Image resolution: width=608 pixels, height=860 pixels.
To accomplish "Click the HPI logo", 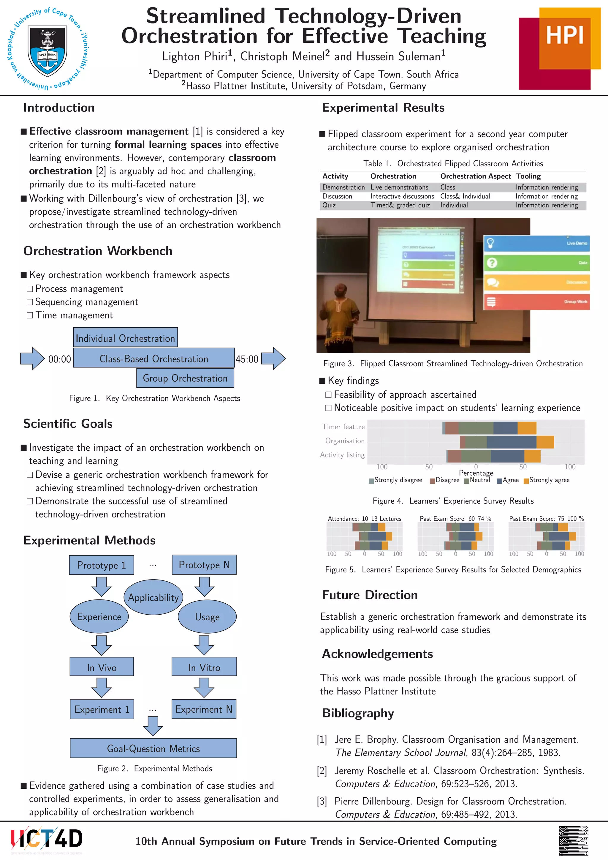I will tap(559, 49).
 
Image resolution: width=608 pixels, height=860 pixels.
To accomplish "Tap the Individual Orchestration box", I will tap(125, 337).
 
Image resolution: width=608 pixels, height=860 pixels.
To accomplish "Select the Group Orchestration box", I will tap(185, 378).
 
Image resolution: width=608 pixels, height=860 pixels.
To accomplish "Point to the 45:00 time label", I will tap(247, 359).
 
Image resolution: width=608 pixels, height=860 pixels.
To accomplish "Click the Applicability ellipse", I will tap(153, 597).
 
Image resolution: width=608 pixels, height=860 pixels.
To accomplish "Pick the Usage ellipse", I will tap(207, 616).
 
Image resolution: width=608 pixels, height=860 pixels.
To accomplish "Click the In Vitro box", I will tap(204, 667).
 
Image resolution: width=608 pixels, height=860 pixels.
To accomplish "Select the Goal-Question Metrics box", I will tap(153, 748).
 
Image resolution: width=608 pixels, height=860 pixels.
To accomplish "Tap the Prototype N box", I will tap(204, 565).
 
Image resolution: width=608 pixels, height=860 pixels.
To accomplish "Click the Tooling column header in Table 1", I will tap(528, 176).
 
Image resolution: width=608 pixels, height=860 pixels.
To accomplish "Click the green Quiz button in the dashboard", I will tap(536, 263).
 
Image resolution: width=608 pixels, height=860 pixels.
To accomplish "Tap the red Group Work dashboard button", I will tap(536, 302).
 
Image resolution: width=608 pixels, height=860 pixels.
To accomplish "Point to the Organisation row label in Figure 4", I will tap(344, 441).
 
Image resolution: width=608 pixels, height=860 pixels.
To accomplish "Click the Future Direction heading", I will tap(370, 595).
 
